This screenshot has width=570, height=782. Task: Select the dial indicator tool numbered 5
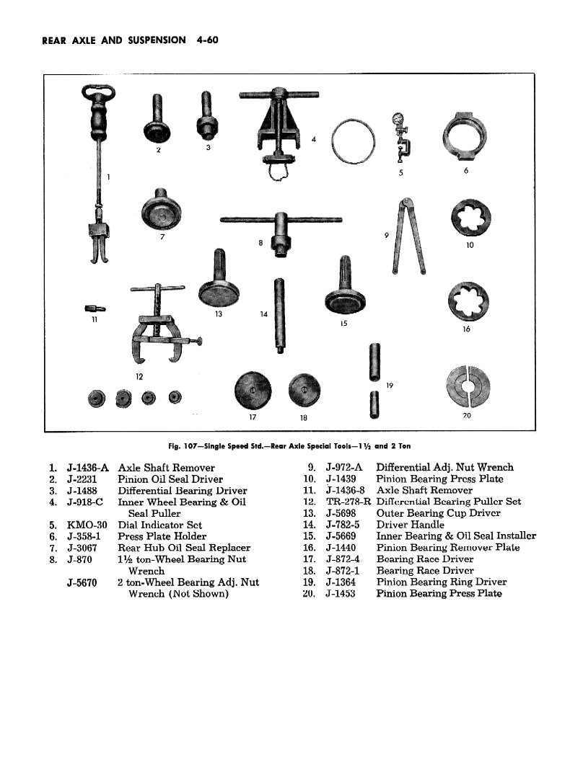tap(398, 138)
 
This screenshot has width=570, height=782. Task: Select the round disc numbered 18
tap(304, 391)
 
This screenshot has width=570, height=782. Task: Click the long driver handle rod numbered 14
tap(278, 315)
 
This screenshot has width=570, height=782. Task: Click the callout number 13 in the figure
tap(218, 314)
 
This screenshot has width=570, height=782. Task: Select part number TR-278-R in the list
tap(348, 502)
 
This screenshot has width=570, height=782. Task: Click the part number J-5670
tap(82, 582)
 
